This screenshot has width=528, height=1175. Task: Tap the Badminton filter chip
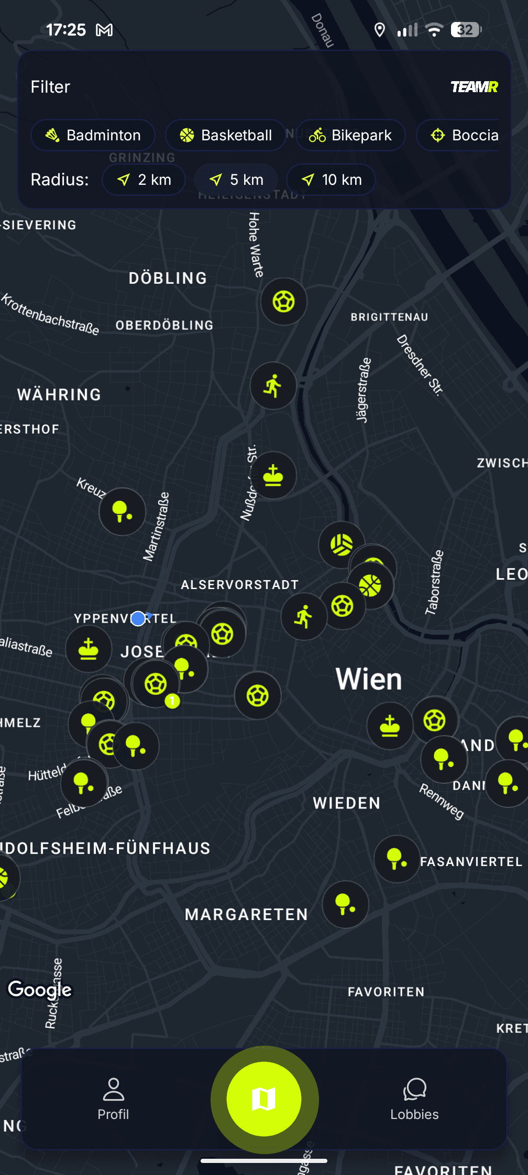point(93,135)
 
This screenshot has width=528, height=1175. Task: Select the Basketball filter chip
point(226,135)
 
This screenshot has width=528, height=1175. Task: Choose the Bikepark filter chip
point(350,135)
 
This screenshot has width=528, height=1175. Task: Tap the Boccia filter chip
point(464,135)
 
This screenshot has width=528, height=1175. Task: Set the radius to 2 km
point(144,180)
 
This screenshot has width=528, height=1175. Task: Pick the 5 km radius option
point(236,180)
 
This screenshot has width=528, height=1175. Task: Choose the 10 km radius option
point(331,180)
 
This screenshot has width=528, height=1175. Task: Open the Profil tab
point(113,1099)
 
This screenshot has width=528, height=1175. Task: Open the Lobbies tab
point(414,1099)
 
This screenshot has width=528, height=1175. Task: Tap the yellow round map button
point(264,1099)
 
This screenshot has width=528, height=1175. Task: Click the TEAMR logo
point(474,87)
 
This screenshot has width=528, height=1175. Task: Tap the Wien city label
point(369,679)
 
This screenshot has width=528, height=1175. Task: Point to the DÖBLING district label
point(168,278)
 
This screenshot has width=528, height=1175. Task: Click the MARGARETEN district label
point(246,915)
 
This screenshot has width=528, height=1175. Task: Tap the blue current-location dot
point(138,618)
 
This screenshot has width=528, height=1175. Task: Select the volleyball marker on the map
point(342,545)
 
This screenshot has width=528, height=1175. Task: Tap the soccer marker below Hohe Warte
point(284,302)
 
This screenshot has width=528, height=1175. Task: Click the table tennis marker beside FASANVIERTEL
point(397,859)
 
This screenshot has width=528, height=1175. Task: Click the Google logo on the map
point(40,990)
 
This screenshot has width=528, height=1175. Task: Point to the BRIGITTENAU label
point(389,317)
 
